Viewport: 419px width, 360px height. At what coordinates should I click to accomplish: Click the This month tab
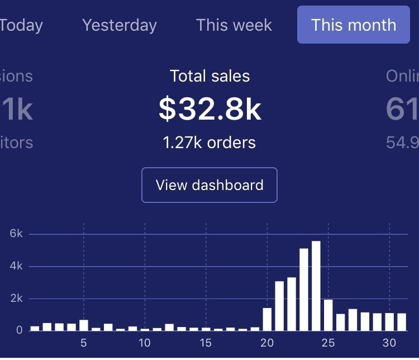(354, 25)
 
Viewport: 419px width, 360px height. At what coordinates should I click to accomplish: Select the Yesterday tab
(120, 25)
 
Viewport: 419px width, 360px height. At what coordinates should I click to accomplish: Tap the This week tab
(234, 25)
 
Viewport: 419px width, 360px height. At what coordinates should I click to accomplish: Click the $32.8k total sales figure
(209, 109)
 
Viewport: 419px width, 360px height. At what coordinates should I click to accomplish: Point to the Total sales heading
(209, 76)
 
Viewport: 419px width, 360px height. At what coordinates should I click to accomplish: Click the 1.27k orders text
(209, 143)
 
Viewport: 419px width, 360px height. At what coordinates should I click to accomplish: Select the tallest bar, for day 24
(316, 286)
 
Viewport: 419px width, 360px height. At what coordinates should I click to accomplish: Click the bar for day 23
(304, 290)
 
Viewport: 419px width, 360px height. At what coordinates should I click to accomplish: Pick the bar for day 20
(267, 319)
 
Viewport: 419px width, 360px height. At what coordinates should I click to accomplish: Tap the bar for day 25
(328, 315)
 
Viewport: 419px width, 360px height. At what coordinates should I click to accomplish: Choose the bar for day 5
(84, 325)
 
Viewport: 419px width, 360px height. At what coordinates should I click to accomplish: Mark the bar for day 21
(279, 306)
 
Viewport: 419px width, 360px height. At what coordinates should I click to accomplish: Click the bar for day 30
(389, 321)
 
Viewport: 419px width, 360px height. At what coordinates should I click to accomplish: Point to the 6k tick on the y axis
(16, 234)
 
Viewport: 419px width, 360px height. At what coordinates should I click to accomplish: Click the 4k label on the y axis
(16, 266)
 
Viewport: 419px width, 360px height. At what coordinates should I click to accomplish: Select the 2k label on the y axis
(16, 298)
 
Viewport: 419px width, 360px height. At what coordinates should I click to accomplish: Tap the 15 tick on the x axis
(206, 343)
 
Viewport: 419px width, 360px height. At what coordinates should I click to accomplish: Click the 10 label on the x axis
(145, 343)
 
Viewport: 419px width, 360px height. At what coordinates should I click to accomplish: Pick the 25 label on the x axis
(328, 343)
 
